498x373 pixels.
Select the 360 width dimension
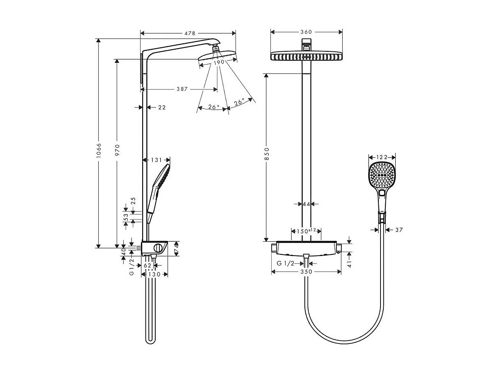[x=306, y=32]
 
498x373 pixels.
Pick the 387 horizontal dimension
[x=182, y=89]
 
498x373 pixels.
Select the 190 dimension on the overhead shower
[x=219, y=62]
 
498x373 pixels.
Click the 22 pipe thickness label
[x=162, y=108]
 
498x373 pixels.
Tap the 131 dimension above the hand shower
[x=157, y=160]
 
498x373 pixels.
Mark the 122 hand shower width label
[x=382, y=157]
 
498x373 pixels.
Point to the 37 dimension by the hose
[x=399, y=230]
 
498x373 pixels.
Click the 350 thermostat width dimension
[x=306, y=271]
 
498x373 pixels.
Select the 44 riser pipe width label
[x=306, y=204]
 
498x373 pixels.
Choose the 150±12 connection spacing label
[x=306, y=231]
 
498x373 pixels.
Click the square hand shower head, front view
[x=382, y=175]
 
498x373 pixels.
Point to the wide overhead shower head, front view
[x=306, y=56]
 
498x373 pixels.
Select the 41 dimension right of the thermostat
[x=349, y=263]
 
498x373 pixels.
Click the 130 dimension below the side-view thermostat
[x=154, y=274]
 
